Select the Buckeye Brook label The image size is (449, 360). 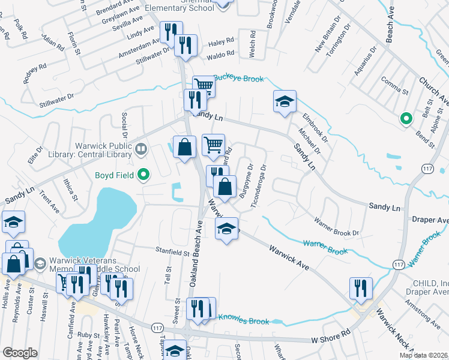point(238,78)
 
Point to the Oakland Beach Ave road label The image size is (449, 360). point(196,253)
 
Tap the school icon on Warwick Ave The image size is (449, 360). point(226,229)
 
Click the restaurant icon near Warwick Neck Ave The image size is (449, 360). point(361,288)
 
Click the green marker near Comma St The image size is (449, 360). point(406,119)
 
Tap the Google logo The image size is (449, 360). point(20,353)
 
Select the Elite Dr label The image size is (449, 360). point(35,155)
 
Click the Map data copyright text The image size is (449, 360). point(423,355)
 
